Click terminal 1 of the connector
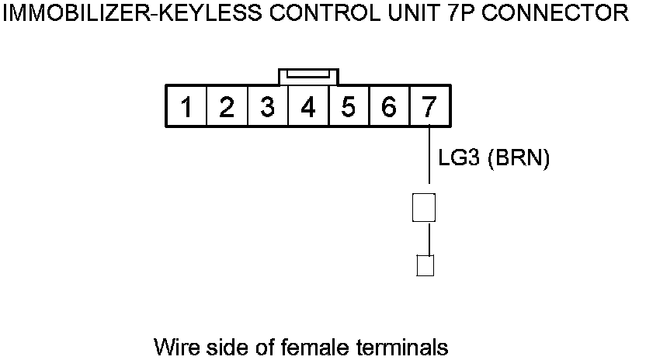186,107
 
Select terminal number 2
226,107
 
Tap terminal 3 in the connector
267,107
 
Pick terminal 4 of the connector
307,107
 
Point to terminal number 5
348,107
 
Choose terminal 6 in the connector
389,107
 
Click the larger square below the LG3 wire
423,207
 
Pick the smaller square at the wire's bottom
425,265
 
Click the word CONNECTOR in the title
554,13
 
